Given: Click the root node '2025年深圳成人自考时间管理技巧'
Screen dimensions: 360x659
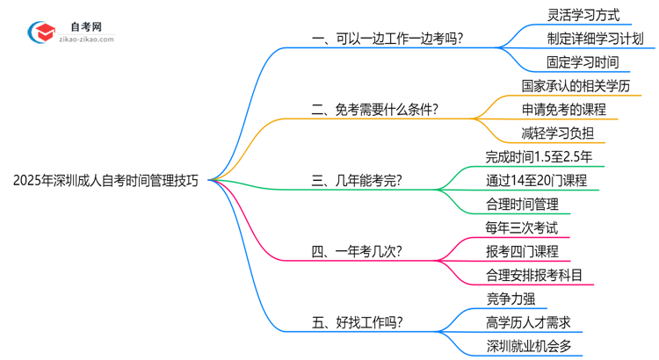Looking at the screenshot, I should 105,180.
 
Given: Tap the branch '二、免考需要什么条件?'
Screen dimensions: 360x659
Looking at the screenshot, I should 376,110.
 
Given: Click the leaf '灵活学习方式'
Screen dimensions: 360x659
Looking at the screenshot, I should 583,15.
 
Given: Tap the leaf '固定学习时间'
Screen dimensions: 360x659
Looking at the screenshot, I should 583,62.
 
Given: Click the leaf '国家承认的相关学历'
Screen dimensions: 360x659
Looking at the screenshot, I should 576,86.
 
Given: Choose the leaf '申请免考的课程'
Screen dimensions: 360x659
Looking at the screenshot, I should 563,110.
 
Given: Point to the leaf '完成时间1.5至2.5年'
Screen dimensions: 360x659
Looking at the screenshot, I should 539,157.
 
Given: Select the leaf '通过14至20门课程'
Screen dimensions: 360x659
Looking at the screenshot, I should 536,181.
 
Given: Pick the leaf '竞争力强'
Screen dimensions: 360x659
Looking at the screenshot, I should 511,299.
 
